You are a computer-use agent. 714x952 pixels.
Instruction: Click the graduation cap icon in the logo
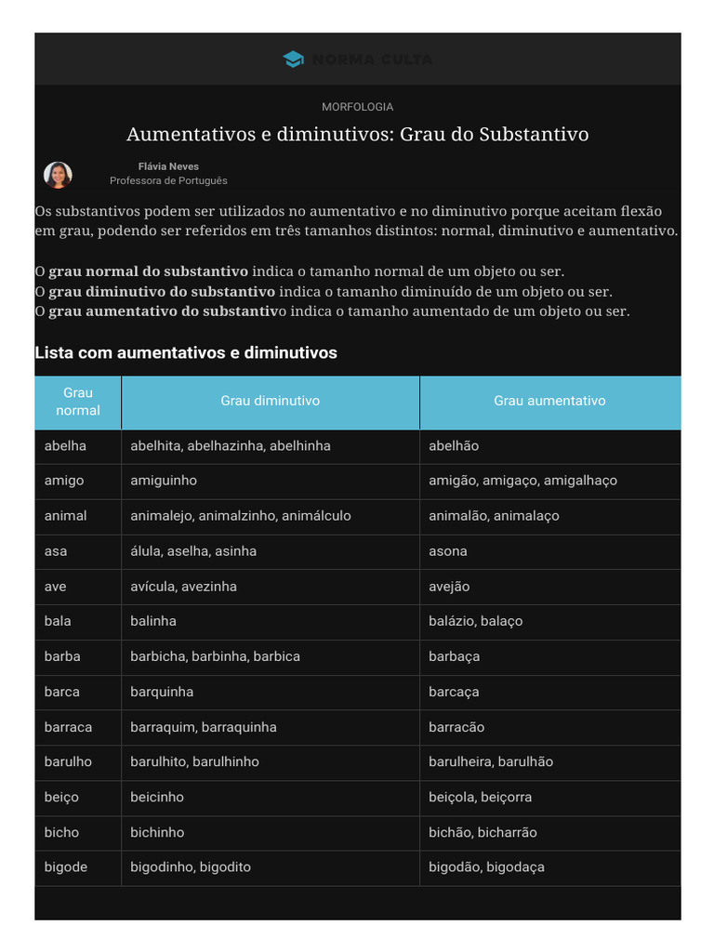pyautogui.click(x=293, y=59)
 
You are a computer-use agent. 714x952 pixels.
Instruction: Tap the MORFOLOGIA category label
pyautogui.click(x=357, y=107)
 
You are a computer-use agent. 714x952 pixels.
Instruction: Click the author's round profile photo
pyautogui.click(x=58, y=175)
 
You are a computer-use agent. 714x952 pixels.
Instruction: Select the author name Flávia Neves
pyautogui.click(x=168, y=166)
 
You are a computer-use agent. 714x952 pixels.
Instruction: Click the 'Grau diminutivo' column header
pyautogui.click(x=270, y=401)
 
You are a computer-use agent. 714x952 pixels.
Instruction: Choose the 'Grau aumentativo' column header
pyautogui.click(x=549, y=401)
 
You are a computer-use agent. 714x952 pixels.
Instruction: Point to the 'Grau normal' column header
pyautogui.click(x=78, y=402)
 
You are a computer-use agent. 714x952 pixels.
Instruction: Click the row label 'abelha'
pyautogui.click(x=65, y=446)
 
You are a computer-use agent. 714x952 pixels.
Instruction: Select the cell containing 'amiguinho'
pyautogui.click(x=164, y=481)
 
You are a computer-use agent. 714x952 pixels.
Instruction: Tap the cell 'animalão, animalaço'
pyautogui.click(x=494, y=516)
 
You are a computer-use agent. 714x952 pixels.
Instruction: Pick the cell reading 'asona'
pyautogui.click(x=448, y=551)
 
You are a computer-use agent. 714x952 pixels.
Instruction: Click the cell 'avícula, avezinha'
pyautogui.click(x=183, y=587)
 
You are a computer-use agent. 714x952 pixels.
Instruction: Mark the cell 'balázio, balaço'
pyautogui.click(x=475, y=621)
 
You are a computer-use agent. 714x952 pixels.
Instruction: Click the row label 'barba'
pyautogui.click(x=62, y=656)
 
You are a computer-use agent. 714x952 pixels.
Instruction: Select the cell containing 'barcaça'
pyautogui.click(x=454, y=692)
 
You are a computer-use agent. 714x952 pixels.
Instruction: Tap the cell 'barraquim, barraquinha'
pyautogui.click(x=203, y=727)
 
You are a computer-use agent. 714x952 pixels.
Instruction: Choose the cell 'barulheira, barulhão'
pyautogui.click(x=490, y=761)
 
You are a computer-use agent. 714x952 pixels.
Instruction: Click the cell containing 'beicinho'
pyautogui.click(x=157, y=797)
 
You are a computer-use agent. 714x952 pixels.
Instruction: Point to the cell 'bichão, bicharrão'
pyautogui.click(x=483, y=832)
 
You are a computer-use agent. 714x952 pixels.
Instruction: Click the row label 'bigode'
pyautogui.click(x=66, y=867)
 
